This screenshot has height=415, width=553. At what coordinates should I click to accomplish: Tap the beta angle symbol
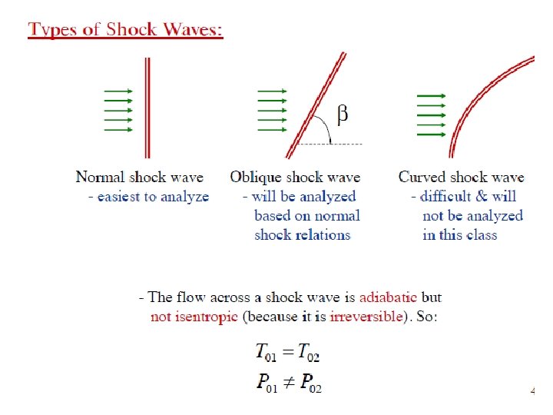click(x=343, y=115)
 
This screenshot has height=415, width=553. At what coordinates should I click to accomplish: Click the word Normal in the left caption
click(x=98, y=178)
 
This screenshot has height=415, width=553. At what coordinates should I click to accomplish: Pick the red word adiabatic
click(x=388, y=297)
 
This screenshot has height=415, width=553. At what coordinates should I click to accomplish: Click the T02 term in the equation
click(x=308, y=354)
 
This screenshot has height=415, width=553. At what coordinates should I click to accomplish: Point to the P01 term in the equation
click(x=267, y=383)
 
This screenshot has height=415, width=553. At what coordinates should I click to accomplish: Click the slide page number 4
click(x=532, y=391)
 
